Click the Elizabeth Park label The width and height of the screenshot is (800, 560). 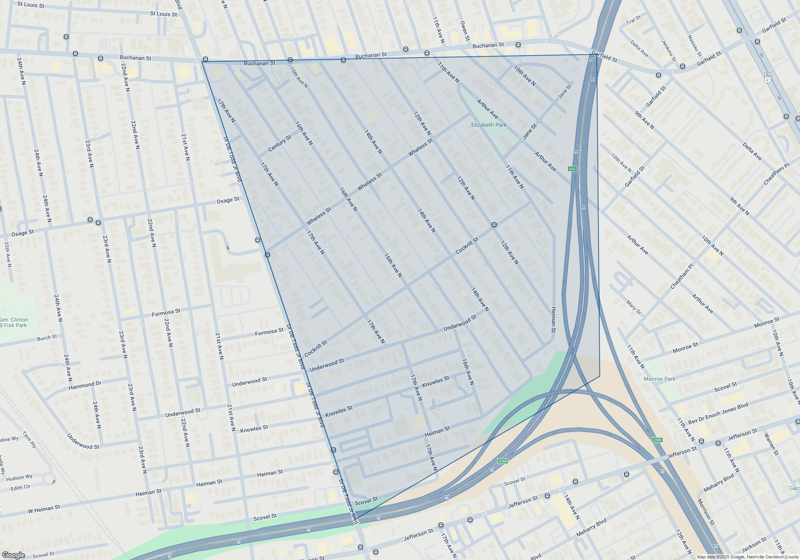click(488, 125)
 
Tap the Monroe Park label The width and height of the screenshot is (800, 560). click(659, 379)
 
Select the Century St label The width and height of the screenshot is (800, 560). click(280, 143)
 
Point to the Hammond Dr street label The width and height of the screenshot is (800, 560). click(85, 385)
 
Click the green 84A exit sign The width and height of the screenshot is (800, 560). click(572, 169)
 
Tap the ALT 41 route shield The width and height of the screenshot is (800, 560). click(767, 78)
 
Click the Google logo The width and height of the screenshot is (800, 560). click(13, 555)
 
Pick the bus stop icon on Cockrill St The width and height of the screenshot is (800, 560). click(494, 225)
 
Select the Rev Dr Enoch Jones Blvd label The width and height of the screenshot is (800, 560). click(718, 414)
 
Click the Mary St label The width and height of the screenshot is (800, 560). click(634, 307)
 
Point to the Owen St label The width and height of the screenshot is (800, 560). click(464, 31)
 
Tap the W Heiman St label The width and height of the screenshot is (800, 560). click(44, 509)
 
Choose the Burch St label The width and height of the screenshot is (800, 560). click(47, 338)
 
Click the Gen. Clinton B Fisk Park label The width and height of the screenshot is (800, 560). click(14, 322)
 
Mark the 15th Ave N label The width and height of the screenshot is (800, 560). click(299, 77)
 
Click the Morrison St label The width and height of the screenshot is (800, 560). click(706, 512)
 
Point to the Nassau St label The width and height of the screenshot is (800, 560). click(695, 46)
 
